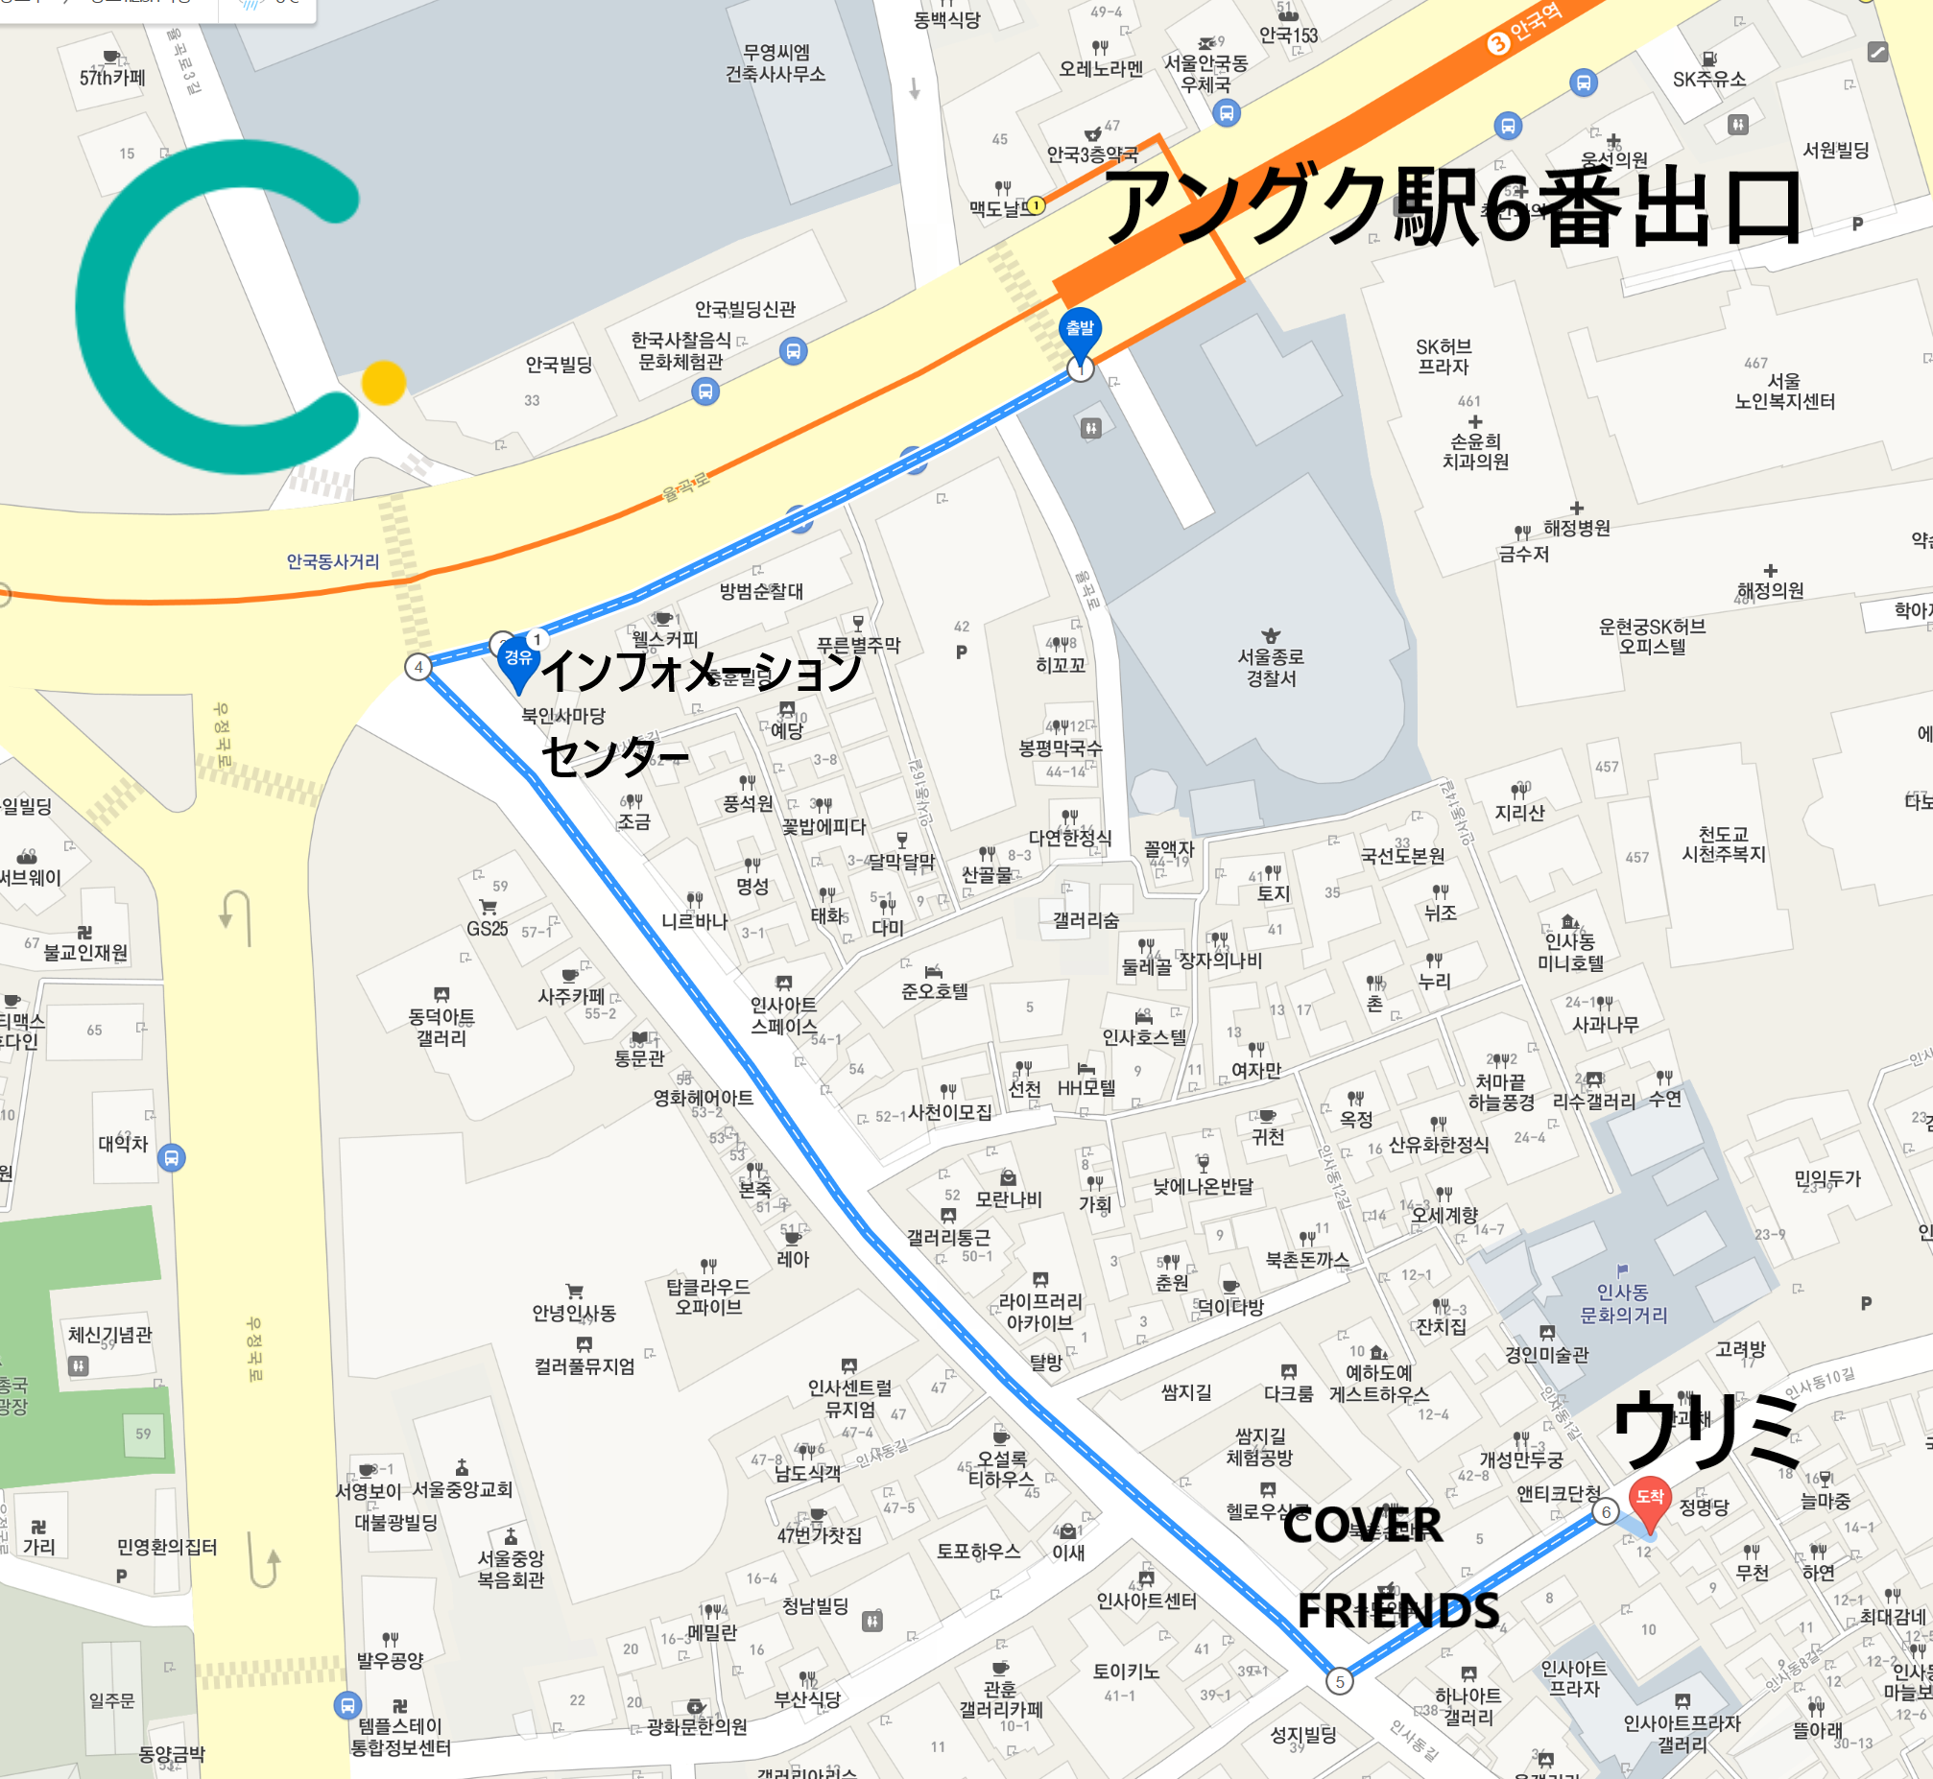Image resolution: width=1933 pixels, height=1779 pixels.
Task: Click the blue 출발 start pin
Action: click(1080, 330)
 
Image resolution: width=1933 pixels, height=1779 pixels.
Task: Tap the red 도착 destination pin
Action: click(1649, 1499)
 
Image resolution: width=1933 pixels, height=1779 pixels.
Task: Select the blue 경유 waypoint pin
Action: click(518, 659)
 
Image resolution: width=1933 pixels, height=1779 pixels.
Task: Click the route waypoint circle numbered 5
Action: click(1339, 1682)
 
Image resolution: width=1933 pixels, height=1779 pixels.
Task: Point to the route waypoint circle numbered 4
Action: click(418, 667)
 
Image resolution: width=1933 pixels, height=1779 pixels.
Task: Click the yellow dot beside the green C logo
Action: click(383, 382)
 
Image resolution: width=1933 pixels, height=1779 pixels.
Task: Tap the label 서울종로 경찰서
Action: click(1271, 667)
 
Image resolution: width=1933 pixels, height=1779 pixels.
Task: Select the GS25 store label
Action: click(488, 928)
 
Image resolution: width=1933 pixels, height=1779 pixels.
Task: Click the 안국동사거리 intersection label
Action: click(332, 561)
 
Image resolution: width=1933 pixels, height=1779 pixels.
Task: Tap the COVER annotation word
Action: click(1362, 1526)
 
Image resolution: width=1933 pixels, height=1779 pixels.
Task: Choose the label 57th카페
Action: click(112, 77)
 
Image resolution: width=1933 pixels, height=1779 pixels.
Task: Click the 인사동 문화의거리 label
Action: click(1623, 1303)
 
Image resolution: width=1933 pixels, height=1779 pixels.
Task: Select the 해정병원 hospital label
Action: click(1576, 528)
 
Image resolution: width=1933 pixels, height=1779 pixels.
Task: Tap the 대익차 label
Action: click(123, 1144)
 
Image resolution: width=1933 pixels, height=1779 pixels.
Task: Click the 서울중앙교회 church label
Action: click(462, 1489)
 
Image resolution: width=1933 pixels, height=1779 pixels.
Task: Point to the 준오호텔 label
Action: click(934, 990)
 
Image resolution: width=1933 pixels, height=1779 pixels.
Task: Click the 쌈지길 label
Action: click(1186, 1392)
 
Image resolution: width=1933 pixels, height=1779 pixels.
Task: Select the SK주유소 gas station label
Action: click(1708, 79)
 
